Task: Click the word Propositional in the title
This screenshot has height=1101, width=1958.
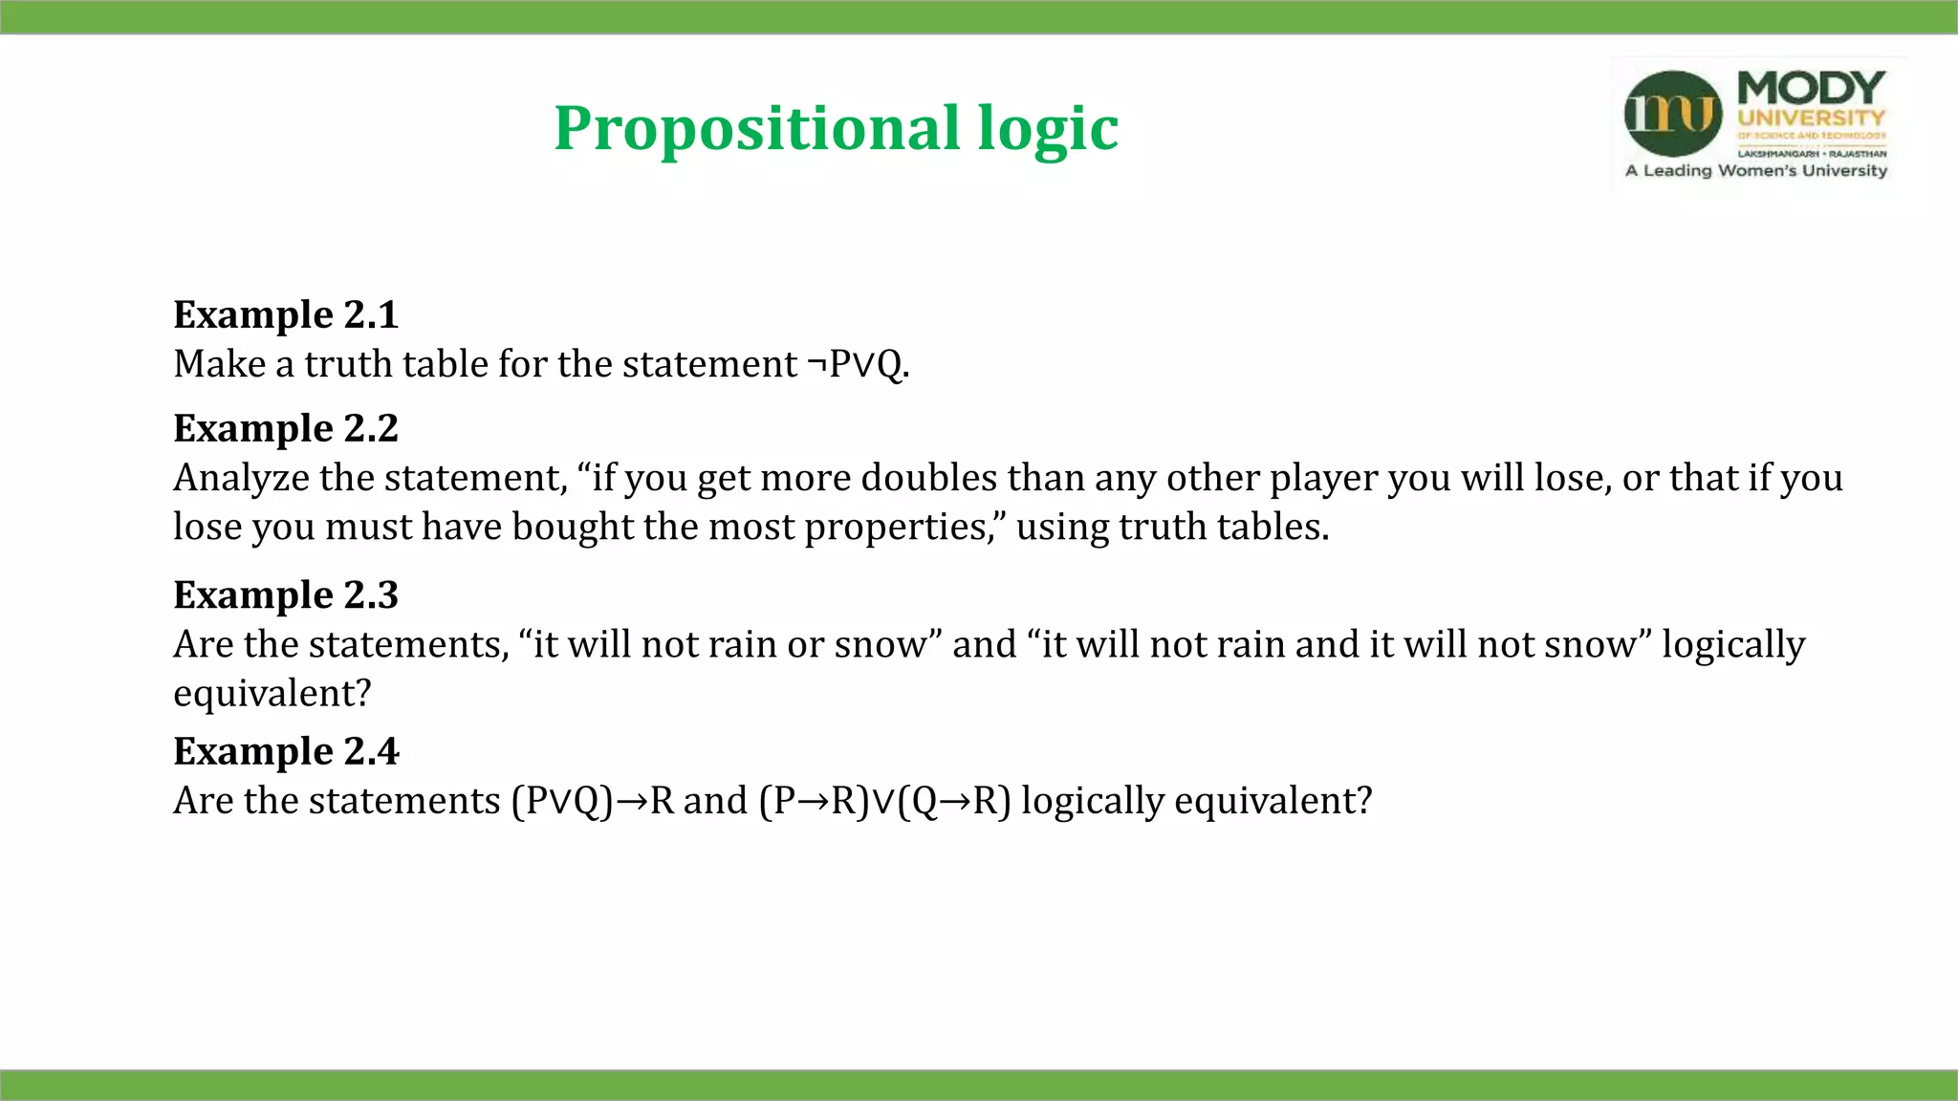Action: [756, 129]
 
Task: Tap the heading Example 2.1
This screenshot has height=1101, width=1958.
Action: [285, 314]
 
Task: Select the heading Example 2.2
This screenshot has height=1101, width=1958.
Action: [285, 428]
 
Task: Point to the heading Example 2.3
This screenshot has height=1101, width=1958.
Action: [285, 594]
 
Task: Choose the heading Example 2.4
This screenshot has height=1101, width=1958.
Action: [285, 751]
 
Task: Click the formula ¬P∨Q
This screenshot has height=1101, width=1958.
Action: [857, 364]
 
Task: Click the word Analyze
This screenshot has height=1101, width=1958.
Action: [241, 478]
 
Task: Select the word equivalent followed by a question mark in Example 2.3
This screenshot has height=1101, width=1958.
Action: [271, 693]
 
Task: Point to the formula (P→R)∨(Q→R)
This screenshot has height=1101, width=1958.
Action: [884, 801]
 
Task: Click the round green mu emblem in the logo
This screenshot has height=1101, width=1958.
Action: [1672, 114]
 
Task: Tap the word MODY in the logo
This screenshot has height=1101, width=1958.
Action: [1811, 89]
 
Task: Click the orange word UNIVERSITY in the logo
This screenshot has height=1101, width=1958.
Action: [1811, 119]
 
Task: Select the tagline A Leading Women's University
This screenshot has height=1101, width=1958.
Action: [1756, 171]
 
